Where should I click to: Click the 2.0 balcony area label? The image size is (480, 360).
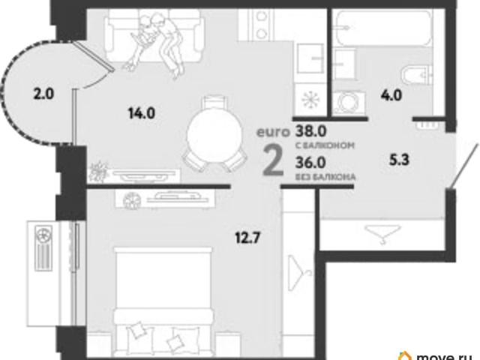click(x=43, y=94)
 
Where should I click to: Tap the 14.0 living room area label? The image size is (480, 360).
click(x=142, y=113)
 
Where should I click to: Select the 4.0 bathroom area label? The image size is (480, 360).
click(x=391, y=95)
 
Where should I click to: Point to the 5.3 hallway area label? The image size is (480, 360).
click(x=399, y=160)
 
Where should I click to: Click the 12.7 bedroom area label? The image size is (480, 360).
click(x=247, y=238)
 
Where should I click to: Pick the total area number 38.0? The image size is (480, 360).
click(x=310, y=131)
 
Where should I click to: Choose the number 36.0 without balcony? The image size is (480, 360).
click(x=310, y=163)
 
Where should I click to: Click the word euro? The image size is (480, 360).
click(x=273, y=132)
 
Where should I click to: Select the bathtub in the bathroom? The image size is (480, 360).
click(x=383, y=28)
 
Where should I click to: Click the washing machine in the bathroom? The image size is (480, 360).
click(x=349, y=103)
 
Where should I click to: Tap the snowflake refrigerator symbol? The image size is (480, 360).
click(x=310, y=100)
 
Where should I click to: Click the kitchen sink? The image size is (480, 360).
click(x=310, y=58)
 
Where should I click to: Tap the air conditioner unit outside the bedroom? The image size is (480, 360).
click(x=43, y=248)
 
